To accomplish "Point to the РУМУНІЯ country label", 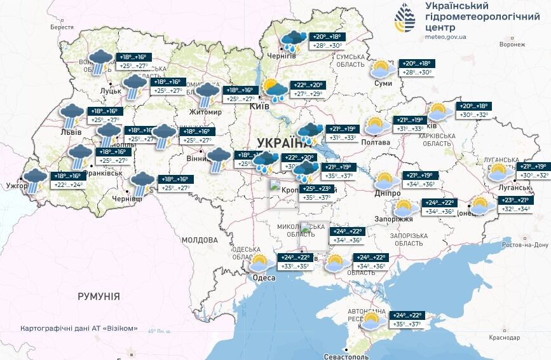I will click(x=99, y=296).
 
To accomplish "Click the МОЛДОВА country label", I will click(x=200, y=240).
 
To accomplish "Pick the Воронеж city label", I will click(x=512, y=45).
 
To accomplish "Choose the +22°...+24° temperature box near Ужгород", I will click(x=67, y=185).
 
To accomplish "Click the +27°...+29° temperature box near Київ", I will click(x=308, y=94).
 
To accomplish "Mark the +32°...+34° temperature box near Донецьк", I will click(x=515, y=209).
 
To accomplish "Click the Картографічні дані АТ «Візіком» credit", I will click(x=79, y=328).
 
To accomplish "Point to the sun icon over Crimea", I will click(x=373, y=320).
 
